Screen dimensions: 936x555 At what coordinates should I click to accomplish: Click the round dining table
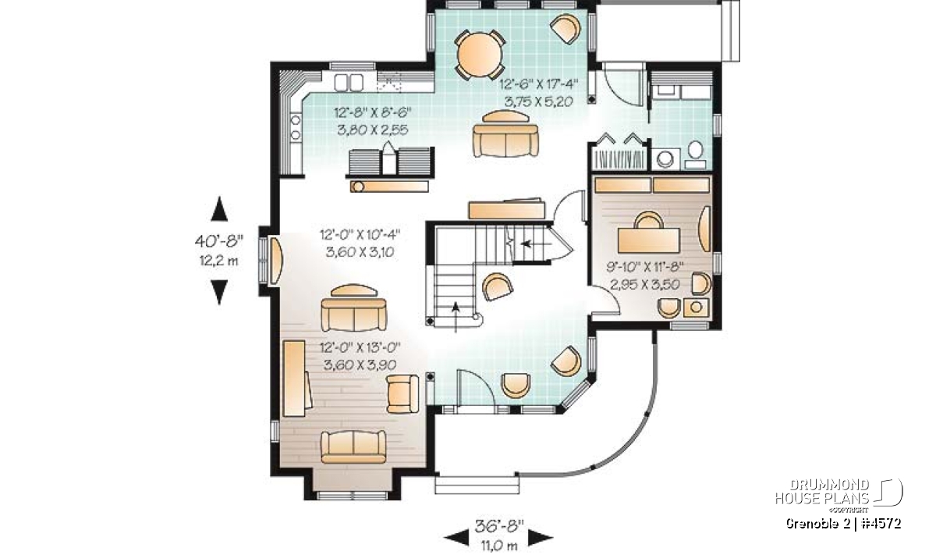pyautogui.click(x=479, y=55)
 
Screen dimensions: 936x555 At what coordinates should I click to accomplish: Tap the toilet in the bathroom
pyautogui.click(x=696, y=155)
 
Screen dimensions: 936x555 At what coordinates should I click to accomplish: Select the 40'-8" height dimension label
pyautogui.click(x=218, y=241)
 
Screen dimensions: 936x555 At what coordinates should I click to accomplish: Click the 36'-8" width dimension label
pyautogui.click(x=499, y=525)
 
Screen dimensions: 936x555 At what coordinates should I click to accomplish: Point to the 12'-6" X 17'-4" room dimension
pyautogui.click(x=539, y=84)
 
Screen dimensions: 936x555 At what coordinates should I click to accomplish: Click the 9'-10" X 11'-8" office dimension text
pyautogui.click(x=645, y=266)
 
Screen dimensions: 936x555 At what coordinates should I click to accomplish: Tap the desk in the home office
pyautogui.click(x=648, y=240)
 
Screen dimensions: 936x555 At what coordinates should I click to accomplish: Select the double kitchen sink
pyautogui.click(x=349, y=83)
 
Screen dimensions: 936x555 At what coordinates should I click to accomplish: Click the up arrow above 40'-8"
pyautogui.click(x=219, y=208)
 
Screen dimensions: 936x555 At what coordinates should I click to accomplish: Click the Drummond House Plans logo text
pyautogui.click(x=822, y=492)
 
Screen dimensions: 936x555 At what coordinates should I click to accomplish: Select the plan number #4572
pyautogui.click(x=881, y=523)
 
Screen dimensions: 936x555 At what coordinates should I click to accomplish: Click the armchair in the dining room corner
pyautogui.click(x=565, y=28)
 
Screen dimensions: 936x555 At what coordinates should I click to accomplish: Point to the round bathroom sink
pyautogui.click(x=665, y=159)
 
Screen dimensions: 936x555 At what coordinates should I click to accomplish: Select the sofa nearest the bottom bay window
pyautogui.click(x=353, y=446)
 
